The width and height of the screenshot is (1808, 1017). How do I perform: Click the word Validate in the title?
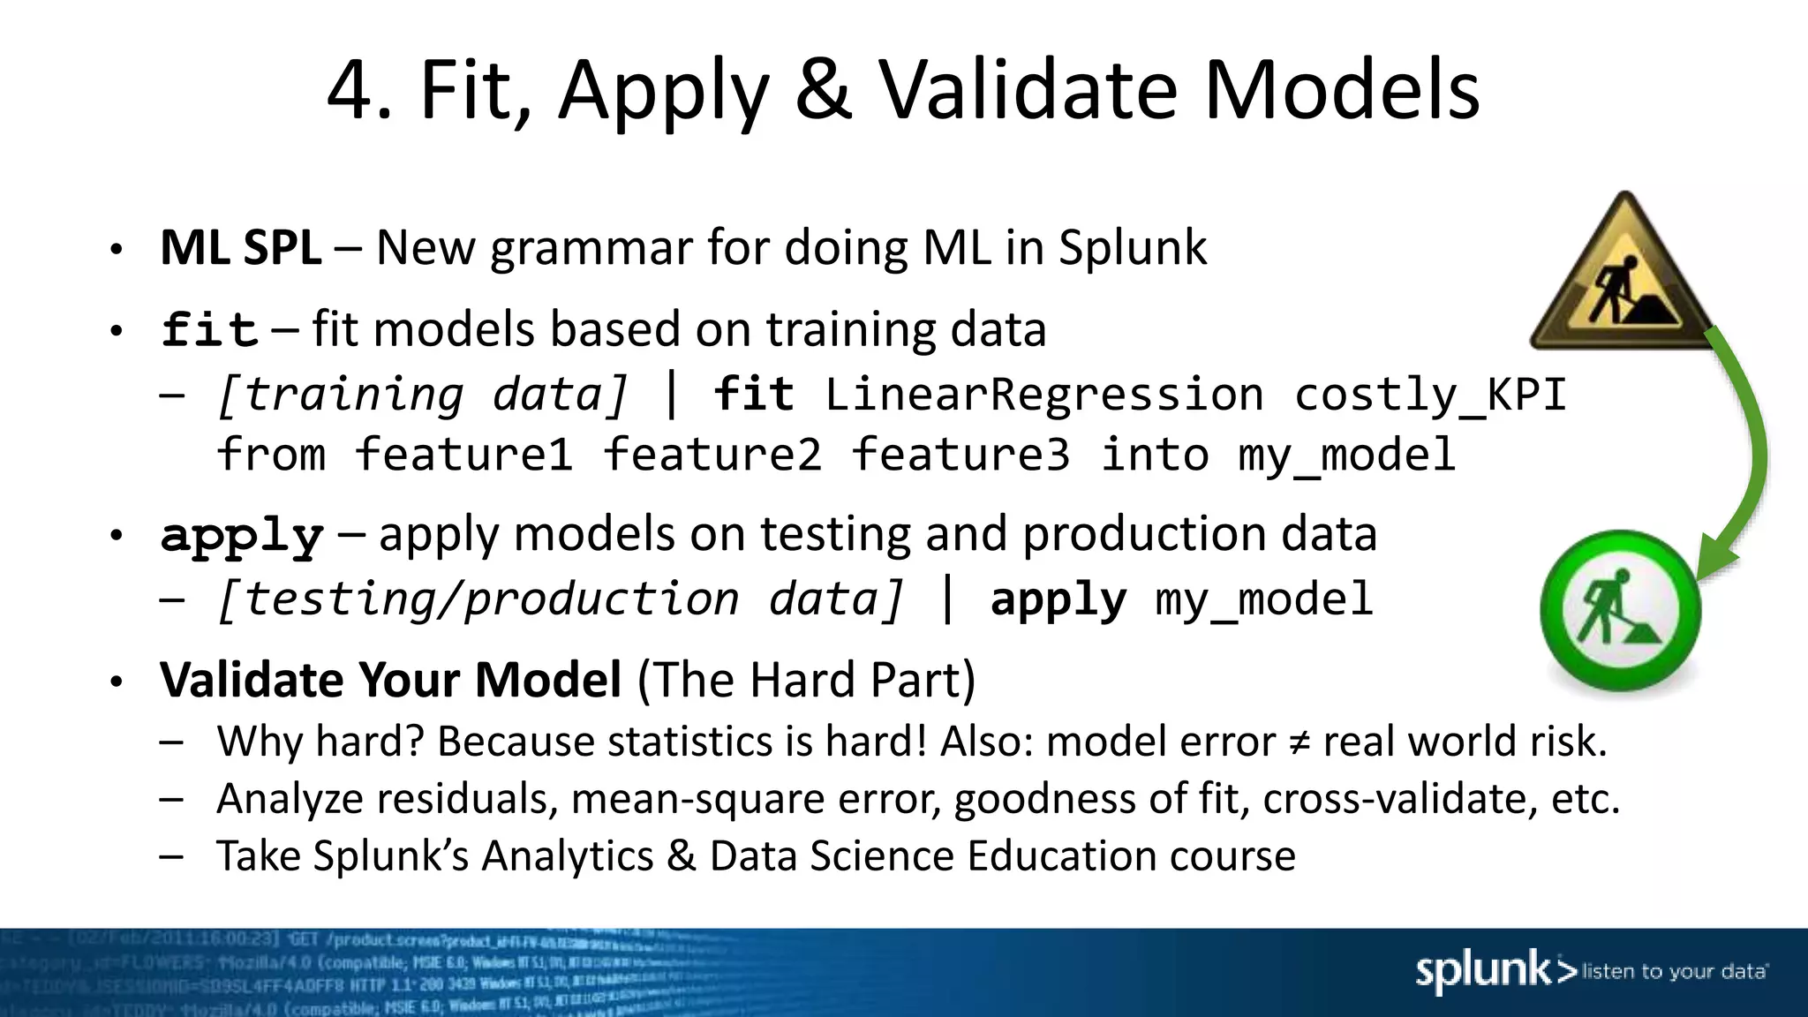(x=1028, y=90)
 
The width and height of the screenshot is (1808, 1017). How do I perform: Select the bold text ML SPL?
(x=240, y=248)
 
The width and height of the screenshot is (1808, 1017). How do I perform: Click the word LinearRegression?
(x=1043, y=394)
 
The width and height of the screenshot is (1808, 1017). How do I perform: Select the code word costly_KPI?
(x=1430, y=394)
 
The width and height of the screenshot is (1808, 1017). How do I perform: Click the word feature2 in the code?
(x=712, y=455)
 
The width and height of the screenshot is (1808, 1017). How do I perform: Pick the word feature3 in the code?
(x=960, y=455)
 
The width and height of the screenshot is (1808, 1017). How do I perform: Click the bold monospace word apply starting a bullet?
(x=242, y=536)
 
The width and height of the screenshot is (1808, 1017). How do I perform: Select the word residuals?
(x=465, y=799)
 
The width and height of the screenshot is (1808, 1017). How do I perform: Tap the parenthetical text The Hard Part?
(x=806, y=681)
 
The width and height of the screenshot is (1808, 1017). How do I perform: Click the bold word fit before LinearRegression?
(x=753, y=394)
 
